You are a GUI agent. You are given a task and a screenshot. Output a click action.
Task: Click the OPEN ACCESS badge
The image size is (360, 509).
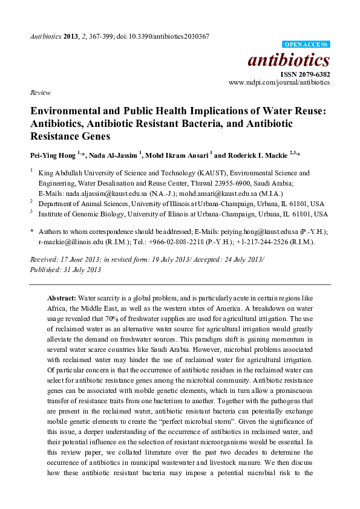[307, 45]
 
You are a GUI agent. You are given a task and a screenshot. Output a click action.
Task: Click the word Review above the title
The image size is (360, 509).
[39, 93]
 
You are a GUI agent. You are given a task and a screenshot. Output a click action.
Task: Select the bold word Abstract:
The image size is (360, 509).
[62, 298]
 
